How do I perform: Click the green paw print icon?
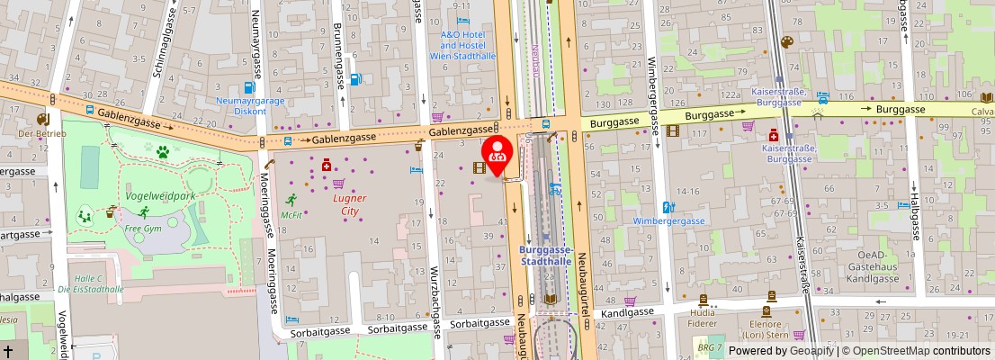click(163, 152)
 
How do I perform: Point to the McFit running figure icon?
click(291, 200)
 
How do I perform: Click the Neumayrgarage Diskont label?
click(249, 106)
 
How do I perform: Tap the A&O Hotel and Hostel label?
click(462, 40)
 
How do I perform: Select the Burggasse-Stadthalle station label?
click(547, 256)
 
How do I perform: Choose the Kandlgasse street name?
click(626, 313)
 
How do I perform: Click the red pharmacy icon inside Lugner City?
click(326, 166)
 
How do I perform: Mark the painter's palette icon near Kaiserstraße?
click(786, 42)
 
